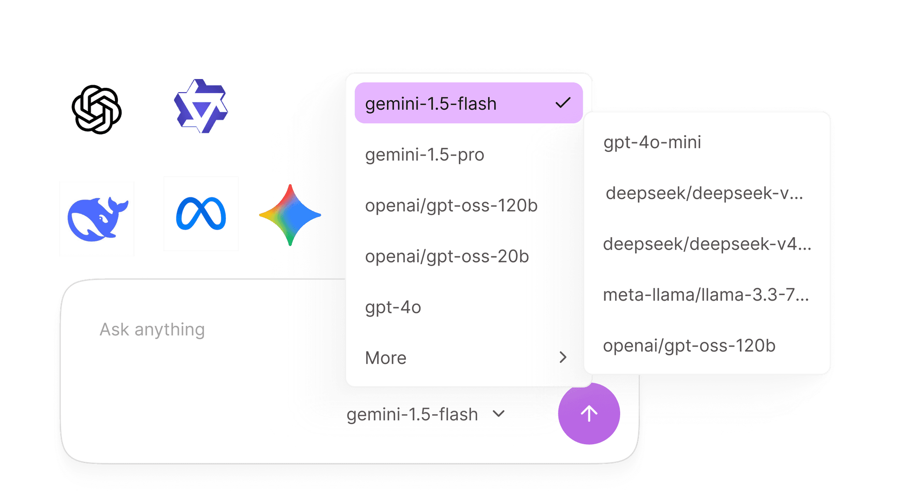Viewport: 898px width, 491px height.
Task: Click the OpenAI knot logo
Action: coord(97,109)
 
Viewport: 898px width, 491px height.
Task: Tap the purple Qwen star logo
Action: coord(201,106)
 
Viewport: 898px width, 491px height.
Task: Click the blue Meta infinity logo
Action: coord(201,214)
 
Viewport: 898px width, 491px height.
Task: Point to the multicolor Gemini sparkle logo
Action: coord(290,215)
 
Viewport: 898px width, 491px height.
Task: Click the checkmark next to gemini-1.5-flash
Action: coord(563,102)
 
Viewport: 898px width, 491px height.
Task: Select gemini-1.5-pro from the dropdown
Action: coord(425,155)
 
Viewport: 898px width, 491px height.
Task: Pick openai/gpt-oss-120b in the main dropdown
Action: coord(451,206)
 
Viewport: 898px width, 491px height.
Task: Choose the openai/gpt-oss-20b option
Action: coord(447,256)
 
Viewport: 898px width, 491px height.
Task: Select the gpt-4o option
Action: coord(393,307)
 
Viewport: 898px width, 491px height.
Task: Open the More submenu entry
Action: coord(386,358)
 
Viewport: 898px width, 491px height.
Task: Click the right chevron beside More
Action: coord(563,357)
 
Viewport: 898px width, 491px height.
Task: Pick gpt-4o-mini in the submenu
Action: coord(652,142)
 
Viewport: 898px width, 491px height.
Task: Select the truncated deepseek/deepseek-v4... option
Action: coord(707,244)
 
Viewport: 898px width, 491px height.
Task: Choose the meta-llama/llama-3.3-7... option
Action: coord(706,295)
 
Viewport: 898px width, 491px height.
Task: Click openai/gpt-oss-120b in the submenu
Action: coord(689,346)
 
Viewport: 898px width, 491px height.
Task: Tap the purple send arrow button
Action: coord(589,413)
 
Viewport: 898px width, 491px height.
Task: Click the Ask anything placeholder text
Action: coord(152,330)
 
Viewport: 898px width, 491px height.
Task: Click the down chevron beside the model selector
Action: coord(499,413)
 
